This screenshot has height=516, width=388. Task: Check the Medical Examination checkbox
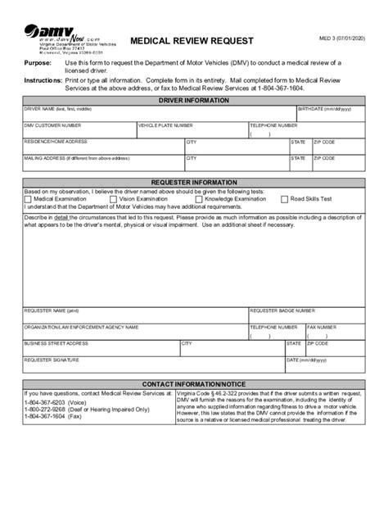(x=29, y=198)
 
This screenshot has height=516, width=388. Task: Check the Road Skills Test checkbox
(x=285, y=198)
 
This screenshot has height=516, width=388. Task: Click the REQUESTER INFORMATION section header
(x=193, y=182)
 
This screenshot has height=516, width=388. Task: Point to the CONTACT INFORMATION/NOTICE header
(x=193, y=384)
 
